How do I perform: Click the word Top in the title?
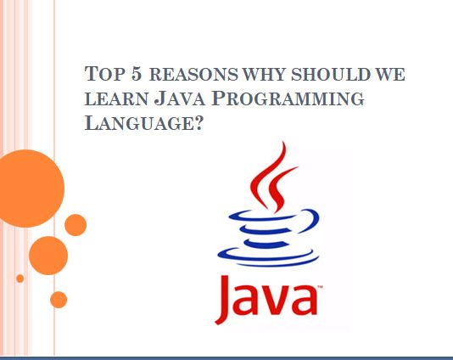pos(104,74)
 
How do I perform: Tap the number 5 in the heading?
pos(137,73)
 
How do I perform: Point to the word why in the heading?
pos(264,75)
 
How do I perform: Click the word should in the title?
pos(331,75)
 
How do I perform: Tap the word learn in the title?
pos(116,98)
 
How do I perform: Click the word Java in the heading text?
pos(180,98)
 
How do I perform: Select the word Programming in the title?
pos(288,98)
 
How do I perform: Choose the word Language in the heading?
pos(139,123)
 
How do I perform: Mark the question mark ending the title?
pos(199,122)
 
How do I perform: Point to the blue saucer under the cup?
pos(268,256)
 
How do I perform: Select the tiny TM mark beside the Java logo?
pos(320,287)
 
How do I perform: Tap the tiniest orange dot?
pos(20,278)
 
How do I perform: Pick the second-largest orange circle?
pos(48,256)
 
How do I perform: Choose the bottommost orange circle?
pos(59,300)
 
